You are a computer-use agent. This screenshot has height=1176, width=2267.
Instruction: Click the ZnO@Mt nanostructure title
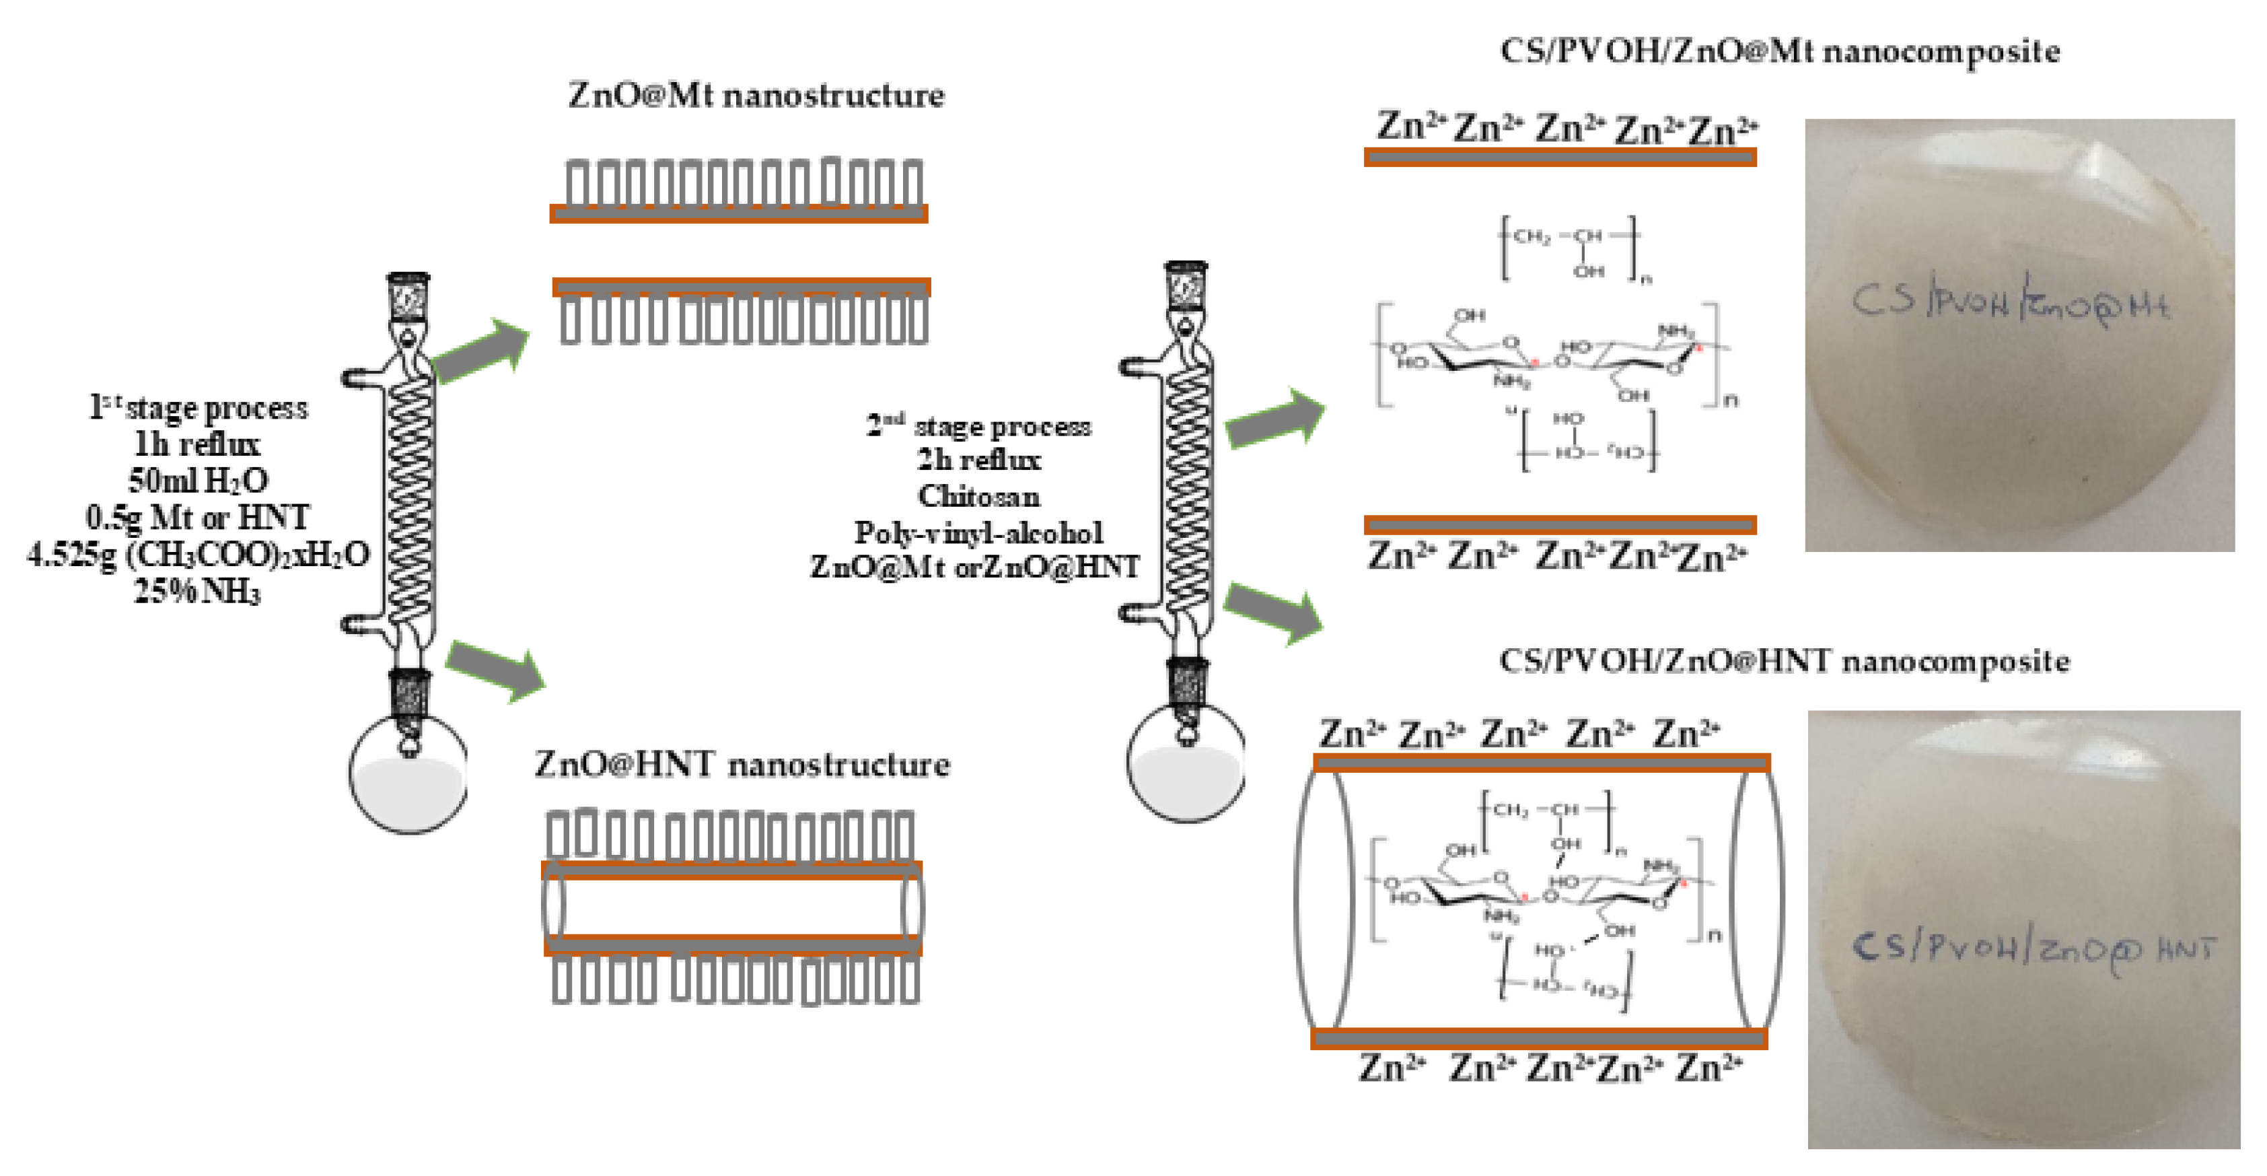755,95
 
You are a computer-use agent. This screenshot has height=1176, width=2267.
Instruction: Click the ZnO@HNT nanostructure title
742,764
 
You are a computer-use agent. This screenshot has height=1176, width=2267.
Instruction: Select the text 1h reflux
197,444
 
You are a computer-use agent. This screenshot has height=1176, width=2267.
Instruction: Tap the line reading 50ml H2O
197,481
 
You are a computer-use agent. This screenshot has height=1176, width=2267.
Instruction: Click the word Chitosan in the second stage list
978,497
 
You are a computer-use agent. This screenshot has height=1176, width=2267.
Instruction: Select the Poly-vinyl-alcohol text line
978,532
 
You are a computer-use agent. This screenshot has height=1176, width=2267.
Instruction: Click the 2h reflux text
978,460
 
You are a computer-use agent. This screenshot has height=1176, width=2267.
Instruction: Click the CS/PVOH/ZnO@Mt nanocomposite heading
1779,51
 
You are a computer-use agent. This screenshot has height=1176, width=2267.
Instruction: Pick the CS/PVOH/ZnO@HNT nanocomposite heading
1784,661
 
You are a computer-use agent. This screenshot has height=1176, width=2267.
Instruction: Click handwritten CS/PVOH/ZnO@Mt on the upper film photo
2010,304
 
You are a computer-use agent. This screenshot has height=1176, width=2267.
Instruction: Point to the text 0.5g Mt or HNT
197,518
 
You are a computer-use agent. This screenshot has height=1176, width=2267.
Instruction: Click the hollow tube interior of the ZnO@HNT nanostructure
732,907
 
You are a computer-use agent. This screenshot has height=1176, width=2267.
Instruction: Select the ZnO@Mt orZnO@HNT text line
974,567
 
